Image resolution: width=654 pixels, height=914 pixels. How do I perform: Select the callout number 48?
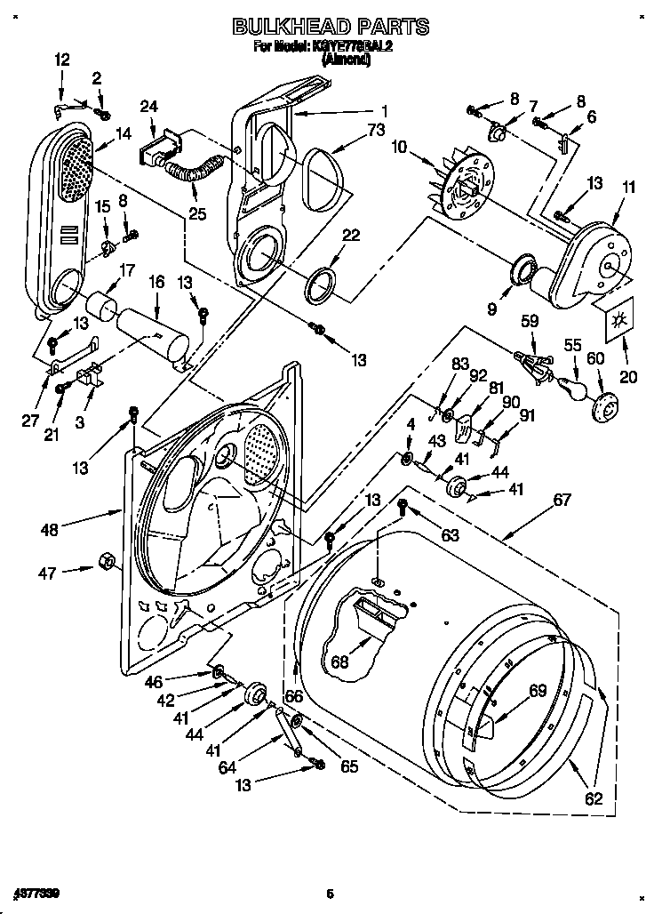click(x=49, y=530)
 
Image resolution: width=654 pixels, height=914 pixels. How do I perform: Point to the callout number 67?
click(x=562, y=501)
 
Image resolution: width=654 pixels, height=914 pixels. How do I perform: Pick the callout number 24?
click(x=148, y=107)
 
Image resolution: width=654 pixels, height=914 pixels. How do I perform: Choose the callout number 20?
click(x=628, y=377)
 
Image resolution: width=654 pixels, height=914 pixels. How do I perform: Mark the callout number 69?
click(x=537, y=690)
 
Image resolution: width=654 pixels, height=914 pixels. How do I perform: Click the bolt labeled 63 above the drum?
click(x=402, y=507)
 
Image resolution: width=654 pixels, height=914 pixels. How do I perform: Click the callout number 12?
click(x=61, y=60)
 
